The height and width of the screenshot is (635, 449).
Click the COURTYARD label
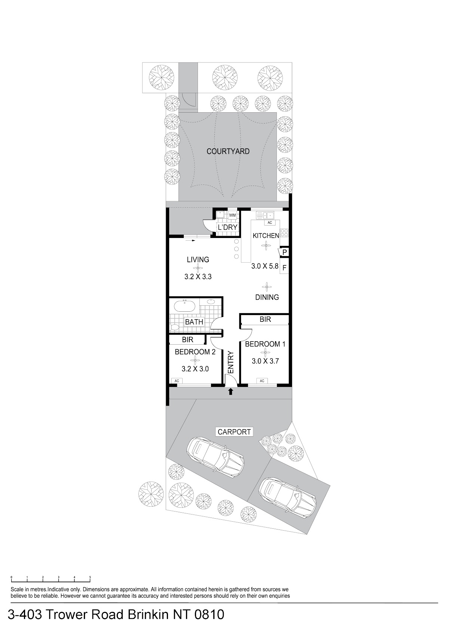coord(228,152)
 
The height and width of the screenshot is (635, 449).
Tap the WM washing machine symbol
coord(232,215)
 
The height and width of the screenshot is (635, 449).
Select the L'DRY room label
coord(227,227)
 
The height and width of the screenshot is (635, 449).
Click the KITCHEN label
coord(266,236)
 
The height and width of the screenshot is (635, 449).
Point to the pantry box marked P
coord(284,252)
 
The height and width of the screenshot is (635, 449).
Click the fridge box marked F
coord(284,267)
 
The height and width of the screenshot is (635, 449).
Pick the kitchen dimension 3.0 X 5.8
coord(265,266)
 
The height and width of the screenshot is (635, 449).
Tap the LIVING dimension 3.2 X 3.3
coord(198,277)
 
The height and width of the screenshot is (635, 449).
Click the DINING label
coord(267,297)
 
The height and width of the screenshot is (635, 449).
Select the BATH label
coord(194,322)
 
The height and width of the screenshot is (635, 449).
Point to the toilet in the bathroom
coord(174,327)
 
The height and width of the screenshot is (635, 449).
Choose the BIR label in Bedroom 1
coord(265,319)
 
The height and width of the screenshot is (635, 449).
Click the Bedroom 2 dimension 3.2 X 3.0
coord(195,369)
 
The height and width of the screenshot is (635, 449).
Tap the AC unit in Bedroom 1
coord(262,381)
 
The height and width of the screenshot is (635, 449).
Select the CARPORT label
coord(234,432)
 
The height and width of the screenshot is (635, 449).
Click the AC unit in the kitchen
coord(270,223)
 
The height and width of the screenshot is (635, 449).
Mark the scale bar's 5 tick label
coord(90,577)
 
